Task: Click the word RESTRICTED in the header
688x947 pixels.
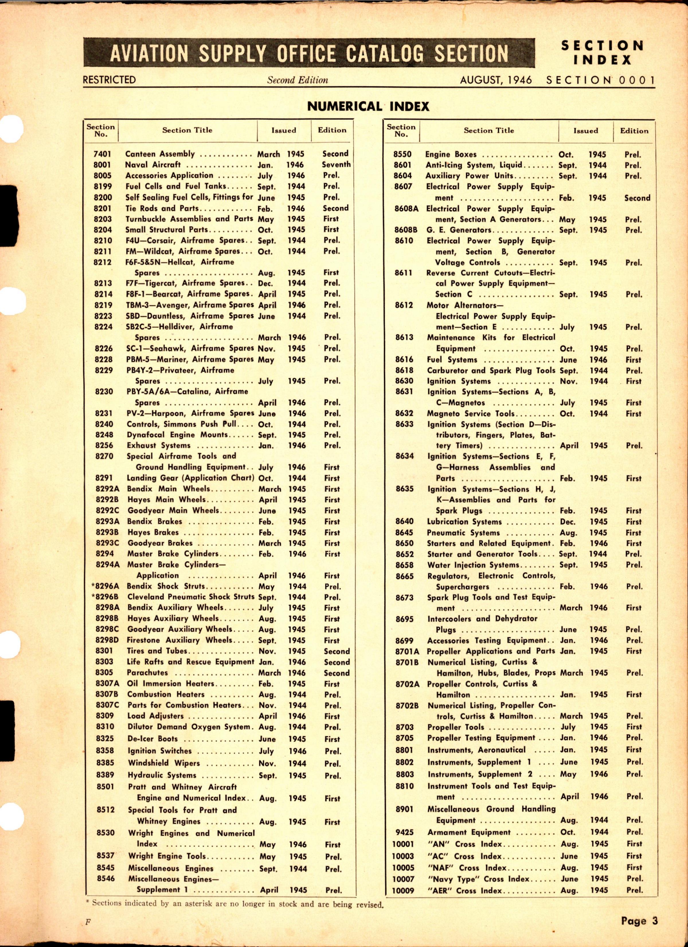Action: click(x=109, y=80)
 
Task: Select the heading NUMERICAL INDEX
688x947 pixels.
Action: click(x=368, y=106)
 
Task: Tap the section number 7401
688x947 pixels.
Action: click(x=102, y=154)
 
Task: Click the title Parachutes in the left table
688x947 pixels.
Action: click(x=147, y=673)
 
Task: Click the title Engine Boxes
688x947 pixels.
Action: click(x=451, y=154)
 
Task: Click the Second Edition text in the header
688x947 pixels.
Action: click(x=298, y=80)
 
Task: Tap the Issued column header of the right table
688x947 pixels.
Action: click(x=585, y=131)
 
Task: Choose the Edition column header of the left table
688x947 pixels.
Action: click(x=332, y=130)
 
